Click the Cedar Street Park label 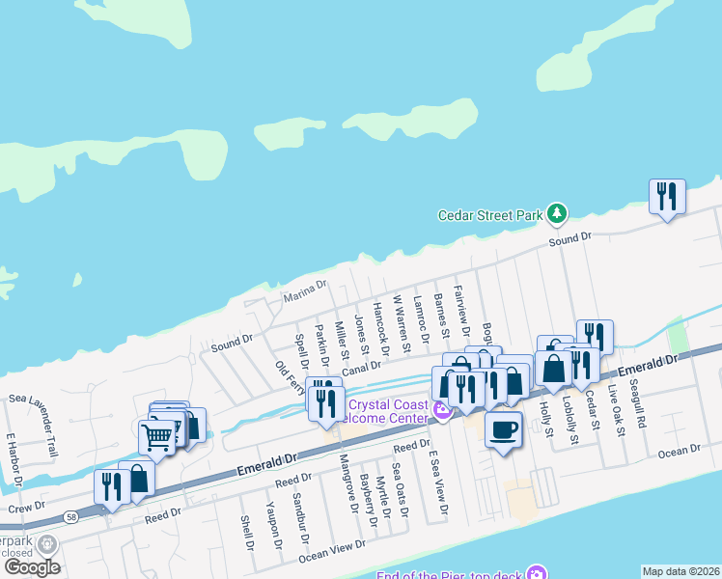click(x=490, y=216)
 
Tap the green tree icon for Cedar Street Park click(x=556, y=212)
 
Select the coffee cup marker click(x=502, y=429)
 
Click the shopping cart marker click(x=156, y=435)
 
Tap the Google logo click(x=32, y=567)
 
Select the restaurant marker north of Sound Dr click(x=667, y=197)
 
